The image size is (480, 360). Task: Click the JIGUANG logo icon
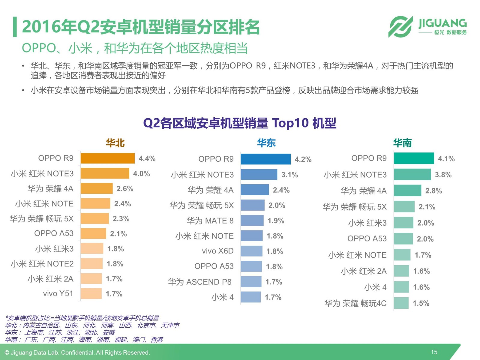(400, 27)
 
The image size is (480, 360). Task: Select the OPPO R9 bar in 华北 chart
(107, 158)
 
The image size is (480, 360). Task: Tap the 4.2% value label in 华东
(303, 159)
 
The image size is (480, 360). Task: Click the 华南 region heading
(402, 143)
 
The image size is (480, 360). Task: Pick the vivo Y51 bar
(91, 294)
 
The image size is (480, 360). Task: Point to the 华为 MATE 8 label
(210, 221)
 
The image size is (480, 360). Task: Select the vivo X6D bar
(251, 251)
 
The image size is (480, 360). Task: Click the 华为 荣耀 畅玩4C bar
(401, 303)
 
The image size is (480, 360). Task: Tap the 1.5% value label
(421, 303)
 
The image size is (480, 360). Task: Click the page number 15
(434, 352)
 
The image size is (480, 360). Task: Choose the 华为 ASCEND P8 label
(200, 282)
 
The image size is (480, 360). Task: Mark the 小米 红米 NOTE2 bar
(91, 264)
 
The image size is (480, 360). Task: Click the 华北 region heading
(115, 143)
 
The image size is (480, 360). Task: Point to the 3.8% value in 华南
(443, 175)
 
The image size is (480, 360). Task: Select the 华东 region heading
(266, 143)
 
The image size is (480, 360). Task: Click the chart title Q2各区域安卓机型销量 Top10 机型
(240, 123)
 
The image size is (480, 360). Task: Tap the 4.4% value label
(147, 158)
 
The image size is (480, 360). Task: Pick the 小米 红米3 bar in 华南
(403, 223)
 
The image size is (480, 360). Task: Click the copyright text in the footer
(77, 352)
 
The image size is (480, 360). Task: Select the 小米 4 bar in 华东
(250, 297)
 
